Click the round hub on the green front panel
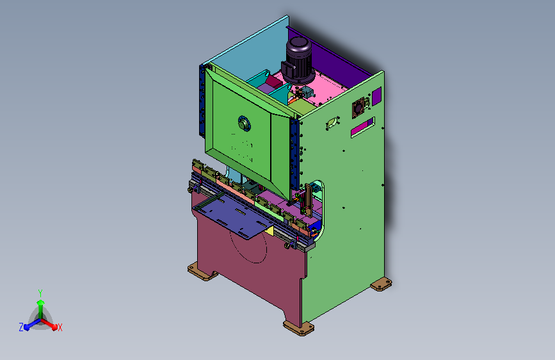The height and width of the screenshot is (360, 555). (244, 124)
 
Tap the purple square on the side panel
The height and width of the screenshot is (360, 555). (376, 95)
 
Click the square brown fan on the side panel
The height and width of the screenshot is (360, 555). (358, 108)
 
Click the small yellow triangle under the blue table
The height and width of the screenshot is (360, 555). (269, 231)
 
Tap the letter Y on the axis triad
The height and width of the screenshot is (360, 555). (40, 293)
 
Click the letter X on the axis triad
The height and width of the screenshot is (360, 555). (60, 327)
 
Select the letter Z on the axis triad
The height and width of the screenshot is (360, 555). (21, 327)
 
